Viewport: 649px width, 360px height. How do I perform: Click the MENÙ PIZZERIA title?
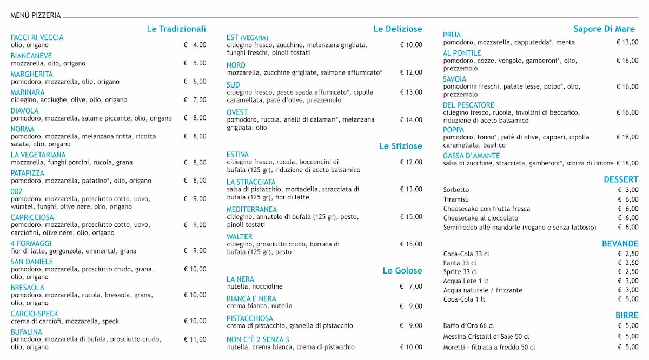tap(36, 16)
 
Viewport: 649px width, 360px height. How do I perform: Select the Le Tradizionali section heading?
tap(176, 29)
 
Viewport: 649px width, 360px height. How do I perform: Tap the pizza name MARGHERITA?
tap(32, 74)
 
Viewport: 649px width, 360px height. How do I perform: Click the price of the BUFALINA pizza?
tap(195, 339)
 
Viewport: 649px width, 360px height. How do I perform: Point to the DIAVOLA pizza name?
tap(25, 111)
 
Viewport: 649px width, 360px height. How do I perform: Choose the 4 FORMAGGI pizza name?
tap(31, 244)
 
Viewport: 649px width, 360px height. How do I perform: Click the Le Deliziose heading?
tap(398, 29)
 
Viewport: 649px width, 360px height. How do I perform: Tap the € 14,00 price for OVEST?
tap(411, 120)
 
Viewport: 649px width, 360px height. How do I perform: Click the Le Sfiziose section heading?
tap(400, 146)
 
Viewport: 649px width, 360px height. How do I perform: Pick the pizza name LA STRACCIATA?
tap(251, 182)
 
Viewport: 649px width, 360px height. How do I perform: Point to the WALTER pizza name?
tap(240, 237)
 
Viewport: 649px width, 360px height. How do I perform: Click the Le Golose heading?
tap(402, 271)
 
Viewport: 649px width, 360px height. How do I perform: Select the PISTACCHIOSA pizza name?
tap(250, 318)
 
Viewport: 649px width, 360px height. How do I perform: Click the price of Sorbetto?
tap(628, 190)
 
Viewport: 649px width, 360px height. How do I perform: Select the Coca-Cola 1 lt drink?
tap(464, 299)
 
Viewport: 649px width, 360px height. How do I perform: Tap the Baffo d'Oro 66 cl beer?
tap(468, 325)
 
